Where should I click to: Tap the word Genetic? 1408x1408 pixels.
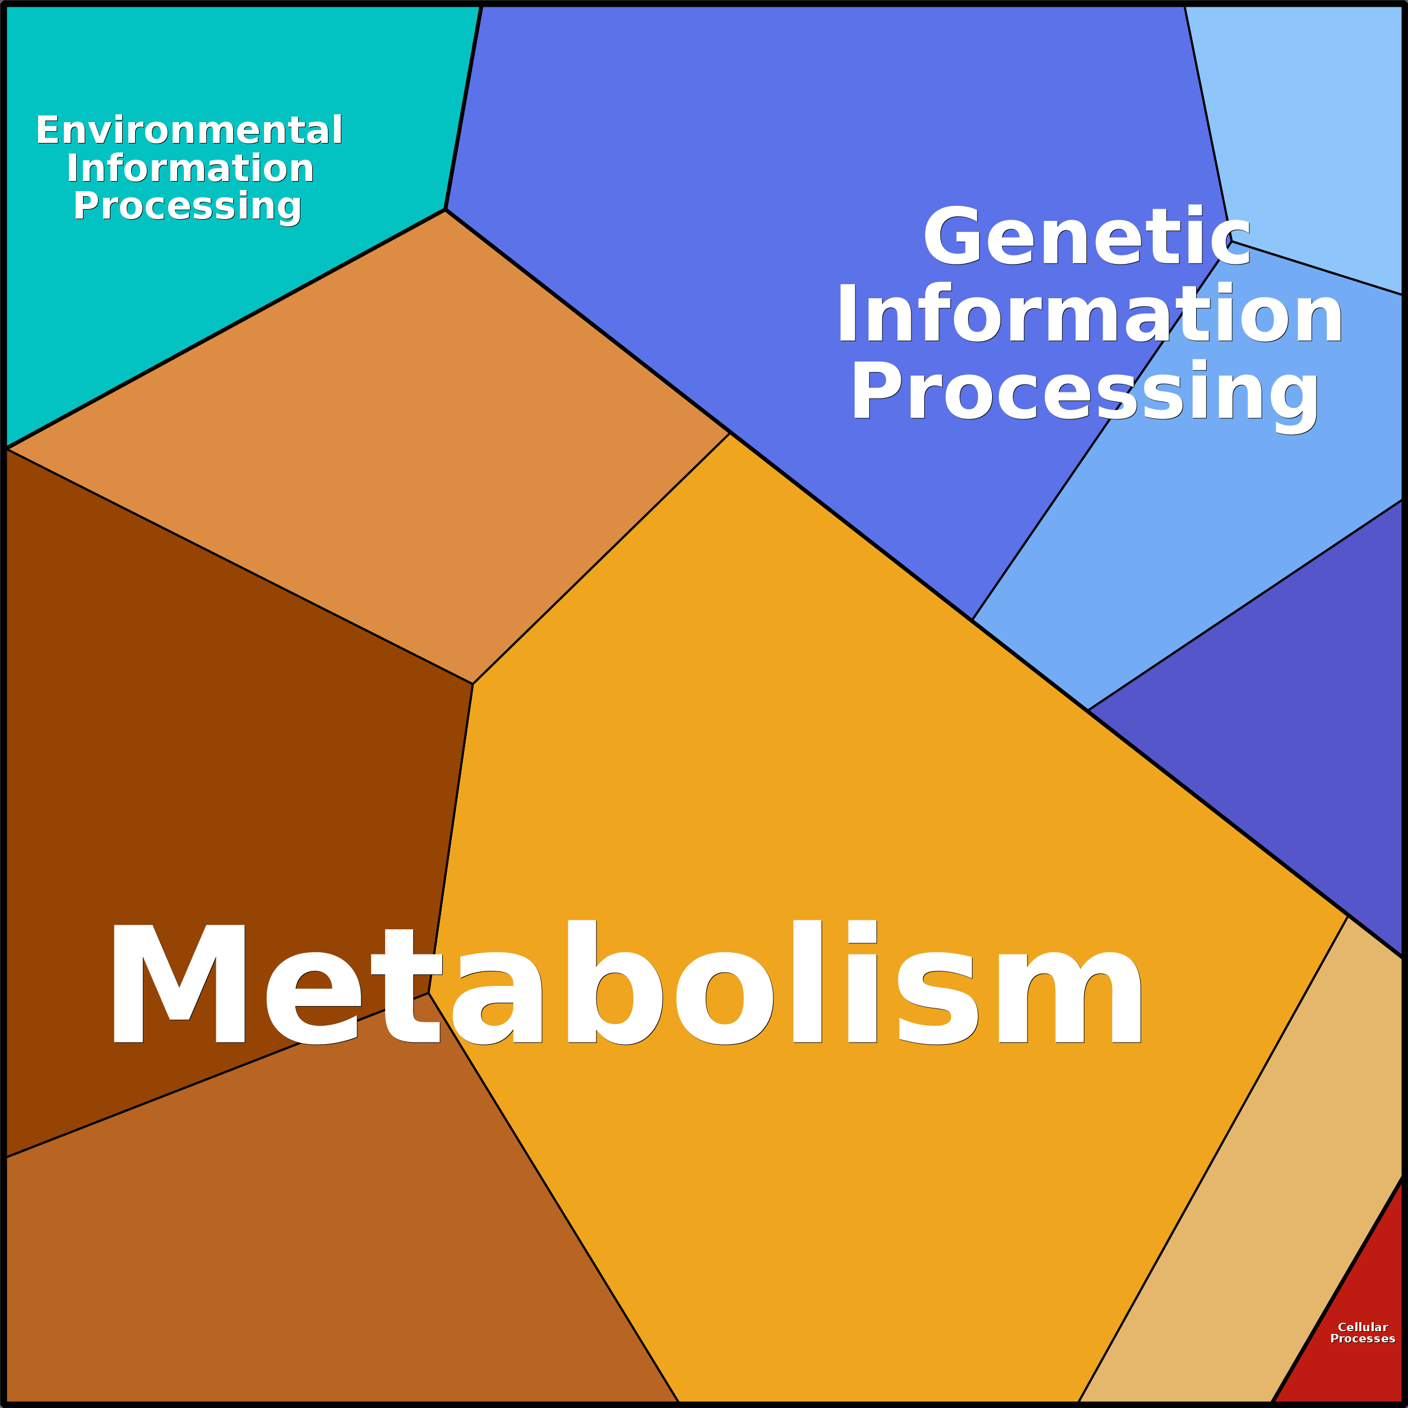(1087, 236)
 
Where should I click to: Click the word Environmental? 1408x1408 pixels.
(189, 131)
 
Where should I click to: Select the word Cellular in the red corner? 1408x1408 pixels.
(1363, 1327)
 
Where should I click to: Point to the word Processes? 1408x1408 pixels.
(1363, 1338)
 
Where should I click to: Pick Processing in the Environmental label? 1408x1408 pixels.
(187, 207)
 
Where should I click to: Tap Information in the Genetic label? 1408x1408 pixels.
(1090, 313)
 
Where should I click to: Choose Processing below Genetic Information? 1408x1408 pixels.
(1085, 393)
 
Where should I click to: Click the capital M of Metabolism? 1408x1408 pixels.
(179, 984)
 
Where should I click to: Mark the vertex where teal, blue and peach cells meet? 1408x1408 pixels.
(445, 210)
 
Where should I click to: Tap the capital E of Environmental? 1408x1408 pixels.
(48, 131)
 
